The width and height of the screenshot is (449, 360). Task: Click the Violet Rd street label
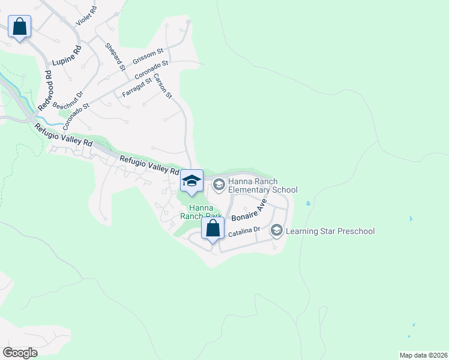pos(86,17)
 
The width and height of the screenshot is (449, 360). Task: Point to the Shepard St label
pos(115,56)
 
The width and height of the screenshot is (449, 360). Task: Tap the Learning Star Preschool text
pos(330,231)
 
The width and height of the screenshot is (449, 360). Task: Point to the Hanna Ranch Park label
pos(200,212)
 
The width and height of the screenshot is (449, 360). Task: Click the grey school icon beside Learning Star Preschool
pos(276,230)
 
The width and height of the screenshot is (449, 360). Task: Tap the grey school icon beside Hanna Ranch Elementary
pos(218,184)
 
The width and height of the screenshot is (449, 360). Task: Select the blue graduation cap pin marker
pos(191,181)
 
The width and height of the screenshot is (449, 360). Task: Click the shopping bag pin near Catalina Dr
pos(212,229)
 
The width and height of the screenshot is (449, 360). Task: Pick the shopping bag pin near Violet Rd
pos(19,27)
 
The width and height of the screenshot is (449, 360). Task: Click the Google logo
pos(20,353)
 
